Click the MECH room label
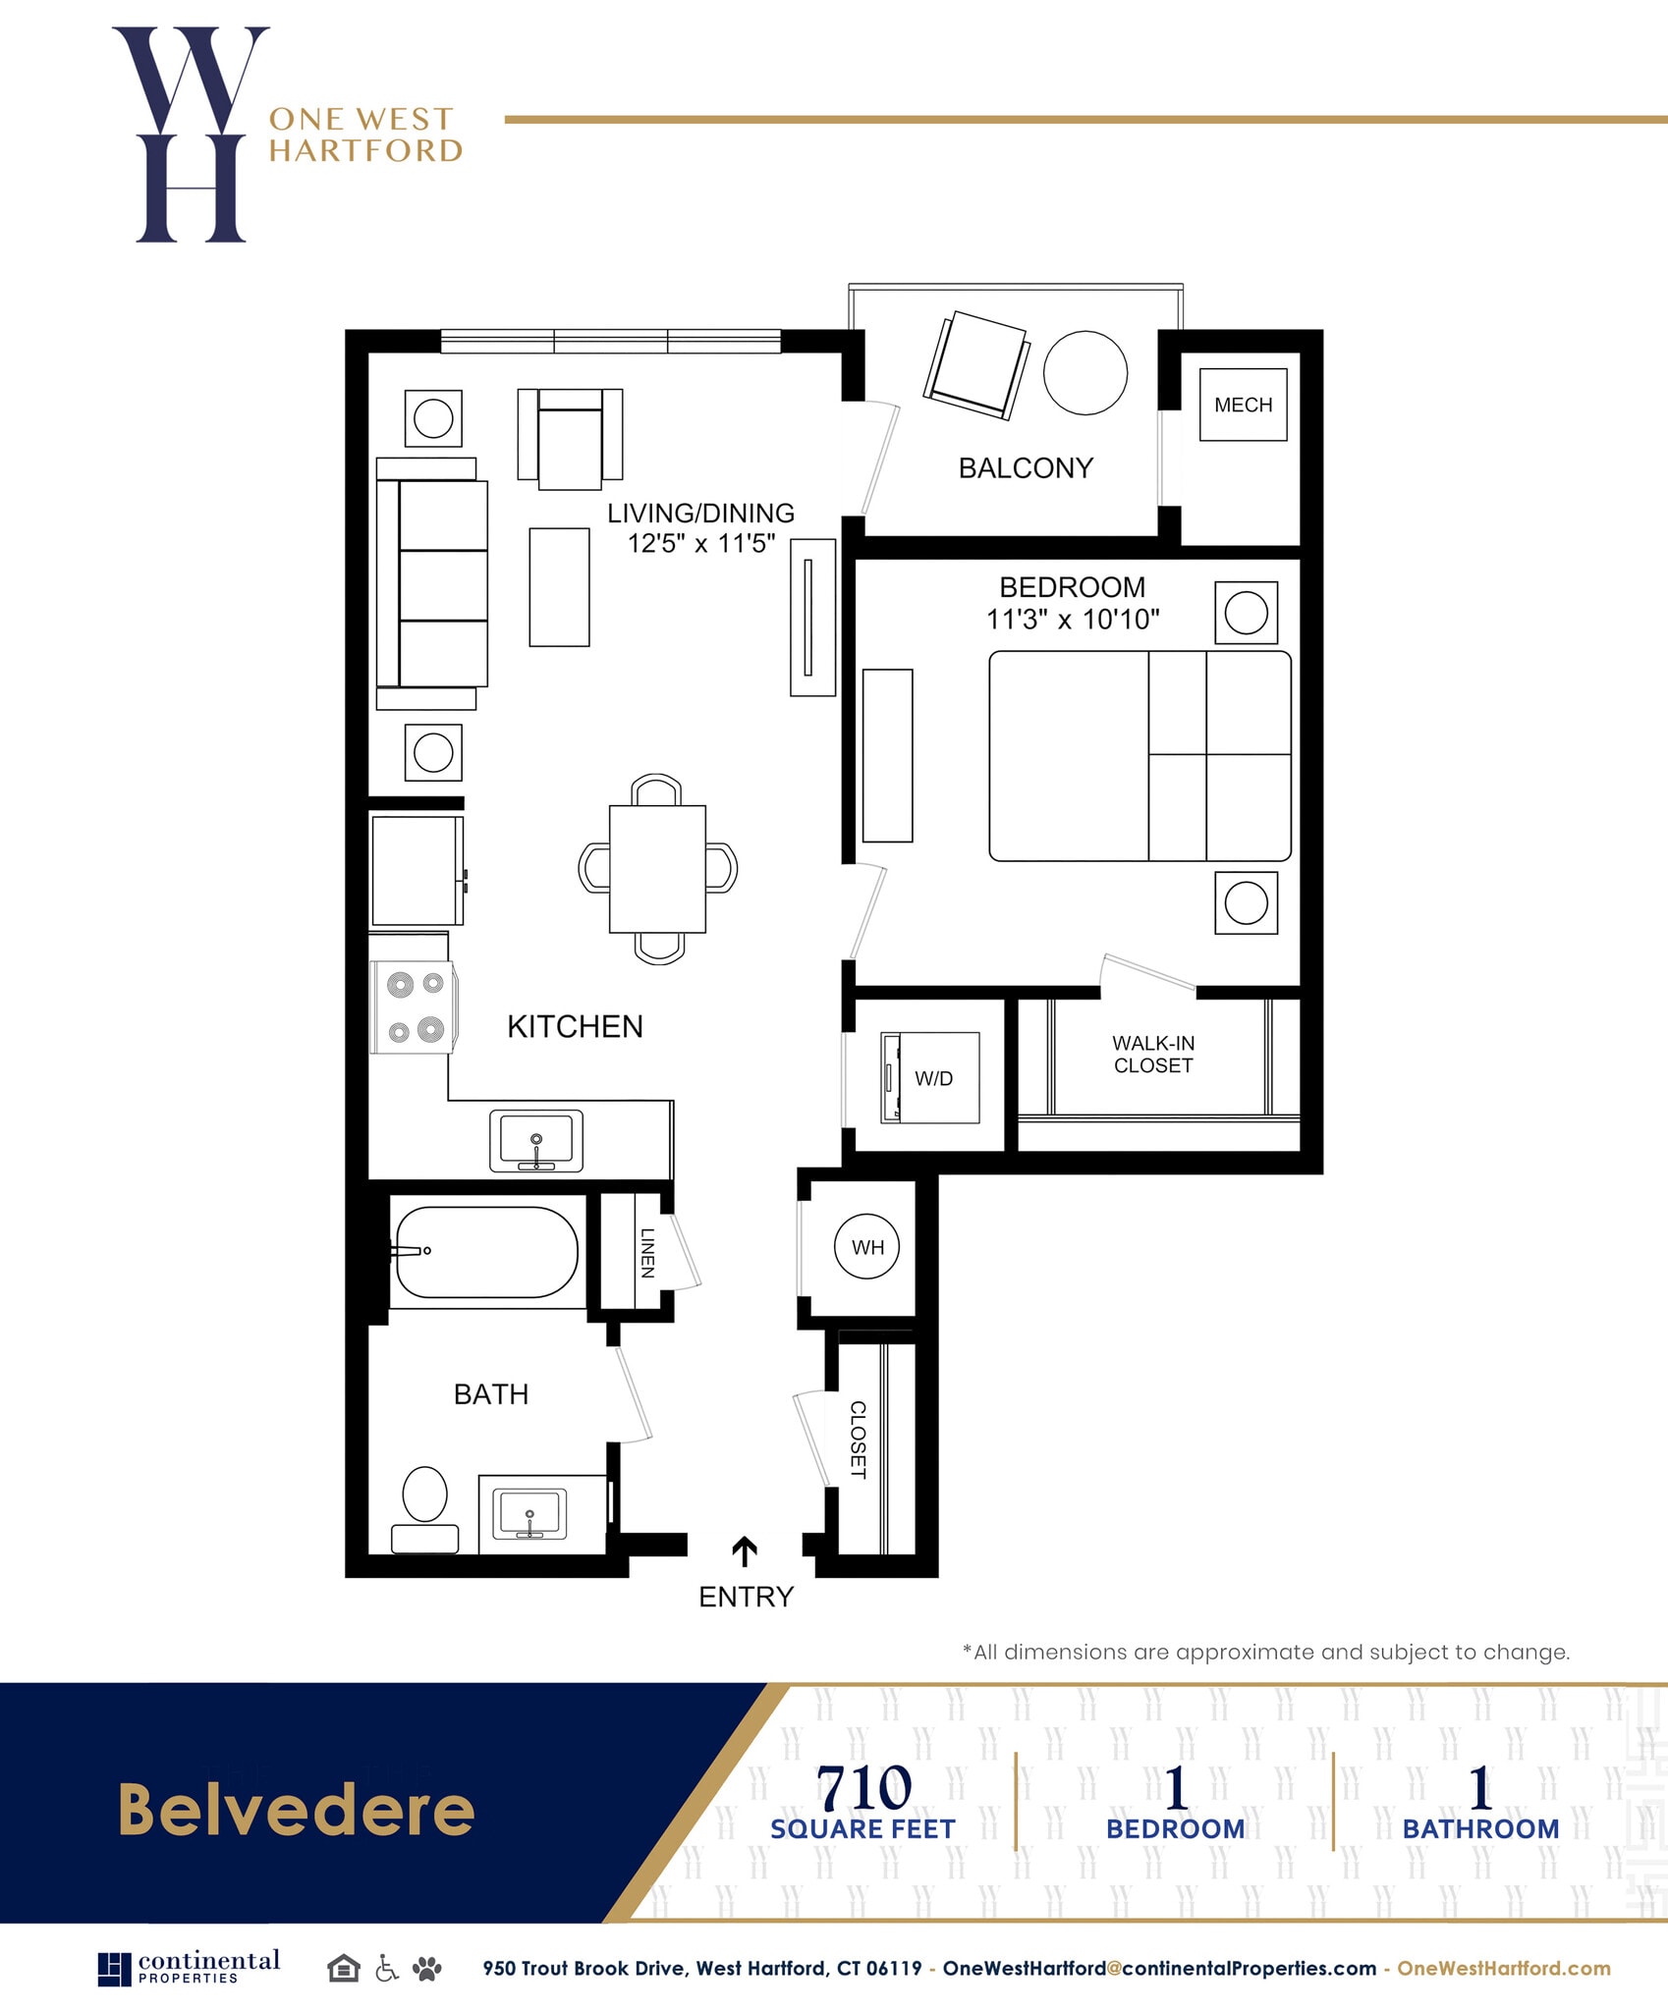click(1243, 405)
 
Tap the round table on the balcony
click(1084, 373)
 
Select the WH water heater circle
click(866, 1247)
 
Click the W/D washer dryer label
click(933, 1078)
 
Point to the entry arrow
click(745, 1550)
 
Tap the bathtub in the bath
click(485, 1252)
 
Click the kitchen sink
click(536, 1141)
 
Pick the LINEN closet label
click(647, 1253)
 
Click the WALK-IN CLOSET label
click(1153, 1054)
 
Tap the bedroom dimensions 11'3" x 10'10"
click(1073, 620)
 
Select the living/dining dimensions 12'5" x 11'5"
click(701, 543)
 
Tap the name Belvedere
click(296, 1810)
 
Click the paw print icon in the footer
click(427, 1968)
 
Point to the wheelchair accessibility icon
click(387, 1968)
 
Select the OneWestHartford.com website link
click(1503, 1968)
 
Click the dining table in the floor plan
click(657, 868)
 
